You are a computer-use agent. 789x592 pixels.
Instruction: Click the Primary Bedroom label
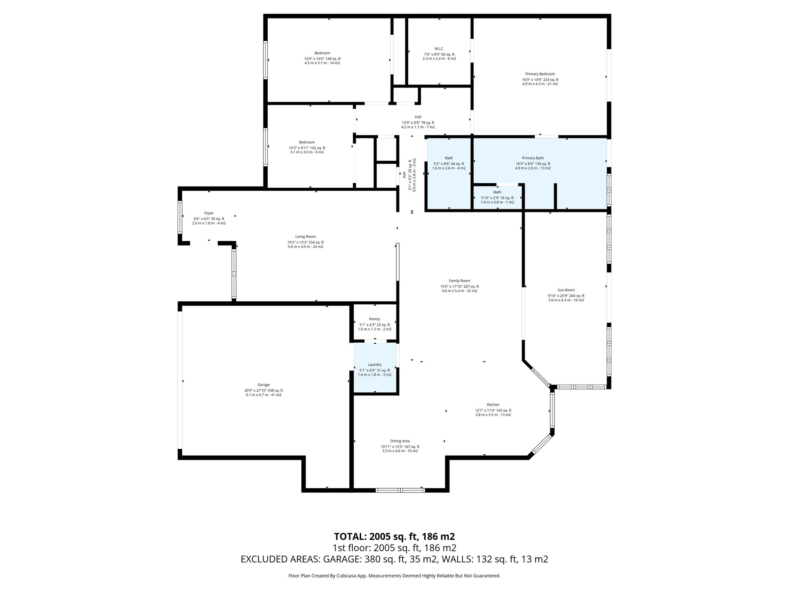(540, 74)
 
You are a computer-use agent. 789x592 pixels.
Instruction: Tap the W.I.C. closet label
(439, 49)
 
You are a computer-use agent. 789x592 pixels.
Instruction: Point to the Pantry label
(374, 319)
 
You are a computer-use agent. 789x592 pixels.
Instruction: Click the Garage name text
(264, 385)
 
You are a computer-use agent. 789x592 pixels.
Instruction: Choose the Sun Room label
(566, 290)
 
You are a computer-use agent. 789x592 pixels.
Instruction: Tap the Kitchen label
(493, 405)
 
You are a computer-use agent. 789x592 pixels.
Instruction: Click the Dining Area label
(400, 441)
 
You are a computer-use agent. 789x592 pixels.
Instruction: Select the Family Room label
(459, 281)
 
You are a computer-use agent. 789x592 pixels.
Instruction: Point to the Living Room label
(305, 237)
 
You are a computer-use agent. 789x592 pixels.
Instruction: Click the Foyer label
(209, 213)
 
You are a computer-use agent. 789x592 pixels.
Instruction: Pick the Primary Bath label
(533, 158)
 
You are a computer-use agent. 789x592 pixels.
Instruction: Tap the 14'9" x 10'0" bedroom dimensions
(322, 59)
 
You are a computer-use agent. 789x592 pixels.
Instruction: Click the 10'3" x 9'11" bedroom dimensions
(307, 148)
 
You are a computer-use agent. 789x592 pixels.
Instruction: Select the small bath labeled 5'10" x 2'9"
(497, 197)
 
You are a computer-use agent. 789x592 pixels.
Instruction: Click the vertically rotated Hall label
(404, 175)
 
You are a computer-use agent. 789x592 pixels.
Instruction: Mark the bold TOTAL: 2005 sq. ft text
(394, 536)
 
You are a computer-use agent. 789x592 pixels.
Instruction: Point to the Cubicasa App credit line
(394, 576)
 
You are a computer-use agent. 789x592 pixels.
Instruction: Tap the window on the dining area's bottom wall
(400, 490)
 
